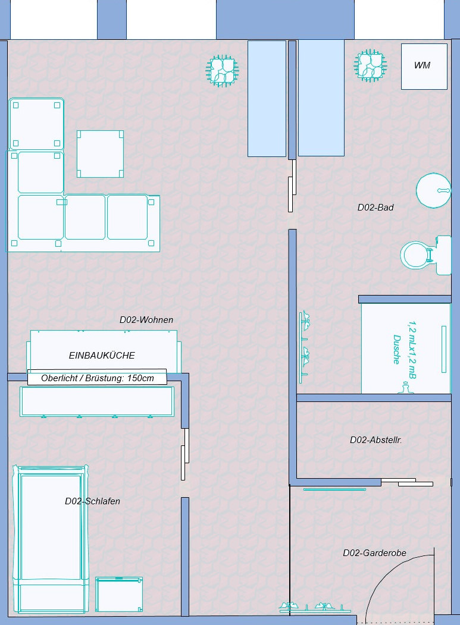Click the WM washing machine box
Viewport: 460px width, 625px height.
(424, 66)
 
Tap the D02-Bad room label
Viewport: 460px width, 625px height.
(375, 208)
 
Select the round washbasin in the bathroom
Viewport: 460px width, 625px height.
(434, 190)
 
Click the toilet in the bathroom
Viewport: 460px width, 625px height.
(425, 255)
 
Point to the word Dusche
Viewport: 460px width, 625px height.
(396, 349)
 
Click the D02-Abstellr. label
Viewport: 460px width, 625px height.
(376, 440)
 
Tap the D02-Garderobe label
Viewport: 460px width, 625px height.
(375, 553)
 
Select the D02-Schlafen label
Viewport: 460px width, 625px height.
(92, 501)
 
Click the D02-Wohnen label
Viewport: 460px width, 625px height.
(146, 320)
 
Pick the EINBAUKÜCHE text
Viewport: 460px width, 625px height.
(102, 355)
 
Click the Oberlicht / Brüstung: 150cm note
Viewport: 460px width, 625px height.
(98, 378)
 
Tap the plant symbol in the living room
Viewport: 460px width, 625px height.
(222, 71)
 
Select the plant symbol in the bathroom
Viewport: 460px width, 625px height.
(370, 66)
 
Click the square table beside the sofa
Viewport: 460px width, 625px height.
(100, 154)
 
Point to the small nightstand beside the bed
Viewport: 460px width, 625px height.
(119, 594)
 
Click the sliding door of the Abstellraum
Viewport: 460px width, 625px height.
(407, 482)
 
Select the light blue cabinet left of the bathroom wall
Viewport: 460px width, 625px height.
(267, 99)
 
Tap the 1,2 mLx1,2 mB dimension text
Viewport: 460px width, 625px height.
(411, 350)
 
